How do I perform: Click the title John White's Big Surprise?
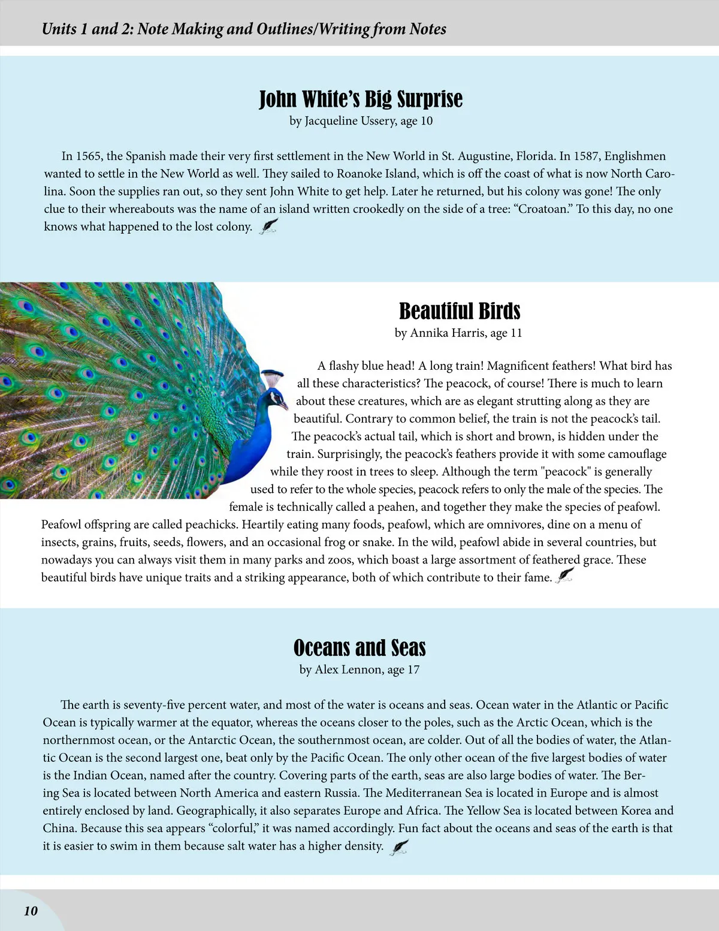tap(360, 99)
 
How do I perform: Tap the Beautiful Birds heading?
tap(460, 311)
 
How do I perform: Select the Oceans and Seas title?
tap(359, 648)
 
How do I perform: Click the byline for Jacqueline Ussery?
tap(361, 121)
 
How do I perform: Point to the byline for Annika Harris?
tap(458, 333)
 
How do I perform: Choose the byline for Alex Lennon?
tap(359, 670)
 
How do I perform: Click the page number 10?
tap(31, 911)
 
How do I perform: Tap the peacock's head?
tap(276, 398)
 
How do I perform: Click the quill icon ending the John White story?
tap(268, 226)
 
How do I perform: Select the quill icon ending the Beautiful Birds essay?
tap(565, 576)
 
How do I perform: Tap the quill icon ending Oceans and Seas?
tap(400, 846)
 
